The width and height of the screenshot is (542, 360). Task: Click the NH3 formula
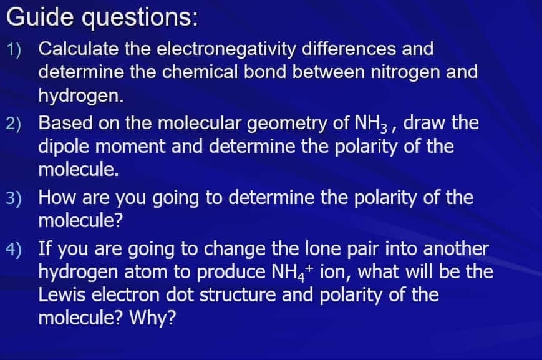coord(372,123)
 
